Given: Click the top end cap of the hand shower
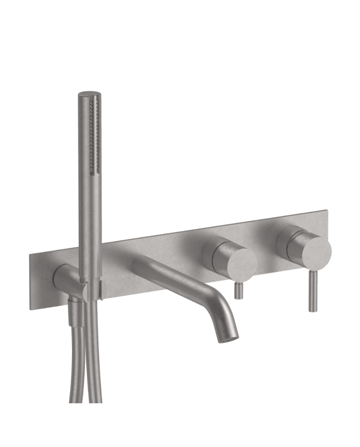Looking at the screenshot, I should coord(90,95).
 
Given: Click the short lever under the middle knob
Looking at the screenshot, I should coord(239,291).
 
